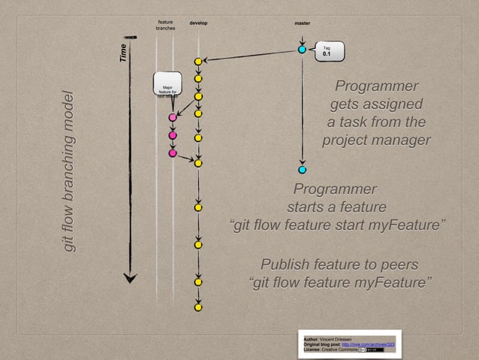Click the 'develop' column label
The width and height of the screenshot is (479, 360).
[x=198, y=23]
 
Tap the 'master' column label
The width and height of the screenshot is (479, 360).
[x=302, y=23]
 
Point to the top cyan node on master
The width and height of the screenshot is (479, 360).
[x=302, y=50]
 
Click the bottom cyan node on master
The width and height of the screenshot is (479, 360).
[x=302, y=169]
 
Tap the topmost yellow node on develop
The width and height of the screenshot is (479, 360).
[x=198, y=61]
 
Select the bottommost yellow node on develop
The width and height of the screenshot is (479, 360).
[x=198, y=307]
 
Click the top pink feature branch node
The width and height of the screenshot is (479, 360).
[x=173, y=117]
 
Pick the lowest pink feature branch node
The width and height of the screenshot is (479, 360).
[x=173, y=153]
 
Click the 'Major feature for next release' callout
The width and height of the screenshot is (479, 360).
[x=167, y=85]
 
